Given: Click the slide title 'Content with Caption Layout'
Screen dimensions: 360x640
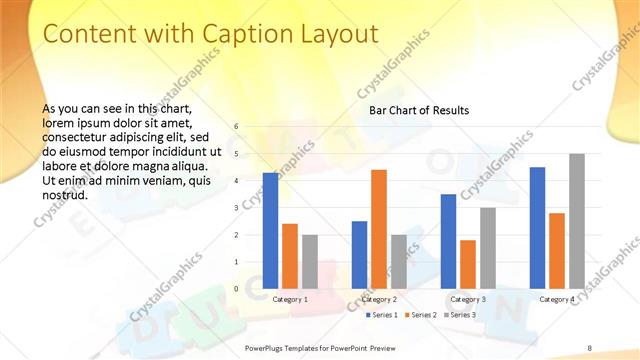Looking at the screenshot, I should tap(211, 34).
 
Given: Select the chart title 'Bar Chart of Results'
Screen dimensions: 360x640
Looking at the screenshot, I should tap(419, 110).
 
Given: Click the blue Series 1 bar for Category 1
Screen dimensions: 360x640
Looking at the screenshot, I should tap(271, 230).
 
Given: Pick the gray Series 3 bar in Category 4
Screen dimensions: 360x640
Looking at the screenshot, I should tap(576, 221).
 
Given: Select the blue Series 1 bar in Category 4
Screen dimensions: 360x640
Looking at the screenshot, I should tap(537, 227).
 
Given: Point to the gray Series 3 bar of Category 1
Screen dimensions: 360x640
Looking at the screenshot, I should tap(310, 261).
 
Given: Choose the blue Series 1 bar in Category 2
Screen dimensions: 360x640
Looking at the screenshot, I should tap(359, 254).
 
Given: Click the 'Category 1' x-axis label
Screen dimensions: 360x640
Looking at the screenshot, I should tap(291, 299).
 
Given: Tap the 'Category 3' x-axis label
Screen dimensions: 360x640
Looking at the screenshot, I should tap(468, 299).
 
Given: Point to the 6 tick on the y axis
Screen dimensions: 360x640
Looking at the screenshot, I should tap(236, 127).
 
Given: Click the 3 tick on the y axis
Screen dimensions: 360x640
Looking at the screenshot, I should tap(236, 208).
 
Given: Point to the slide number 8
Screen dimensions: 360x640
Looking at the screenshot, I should tap(590, 347).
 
